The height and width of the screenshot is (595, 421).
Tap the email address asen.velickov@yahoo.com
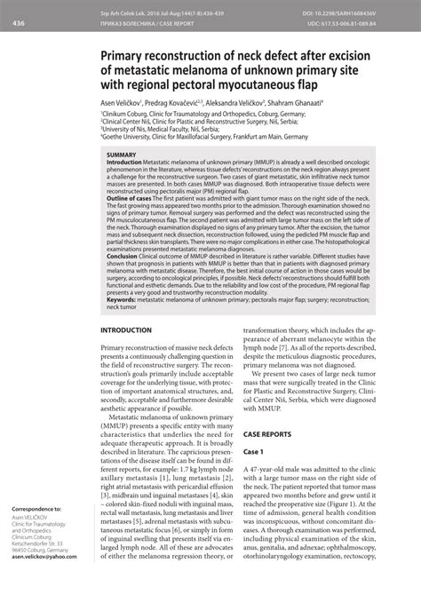pos(43,582)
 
